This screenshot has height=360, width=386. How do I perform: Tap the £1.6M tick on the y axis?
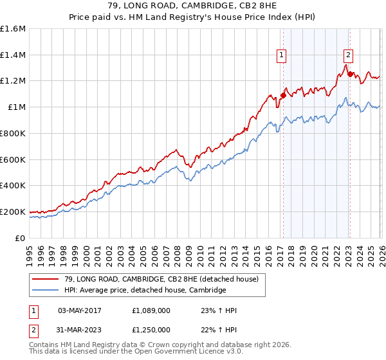coord(13,29)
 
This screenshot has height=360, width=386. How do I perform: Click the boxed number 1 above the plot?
coord(282,56)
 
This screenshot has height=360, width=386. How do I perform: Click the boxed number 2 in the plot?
coord(348,56)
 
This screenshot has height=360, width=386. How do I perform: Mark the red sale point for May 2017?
coord(282,95)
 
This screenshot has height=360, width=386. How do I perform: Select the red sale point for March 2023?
coord(350,74)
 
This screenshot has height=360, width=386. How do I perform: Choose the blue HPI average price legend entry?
coord(145,291)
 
